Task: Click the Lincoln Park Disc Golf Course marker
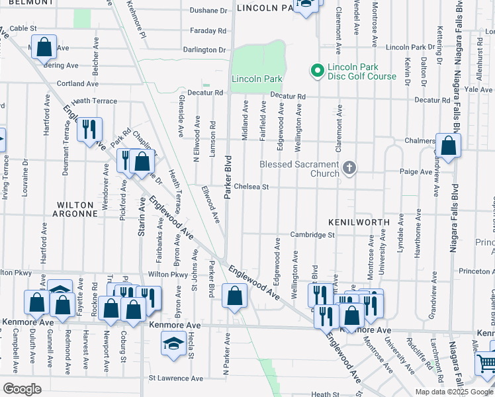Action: [x=316, y=69]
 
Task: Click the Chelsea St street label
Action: [x=250, y=187]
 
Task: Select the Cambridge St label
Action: [x=312, y=235]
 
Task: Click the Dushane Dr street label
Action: [x=208, y=11]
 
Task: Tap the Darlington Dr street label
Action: [x=204, y=50]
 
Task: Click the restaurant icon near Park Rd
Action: [x=89, y=129]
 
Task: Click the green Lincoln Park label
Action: [x=257, y=79]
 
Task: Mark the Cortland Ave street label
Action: [x=77, y=83]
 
